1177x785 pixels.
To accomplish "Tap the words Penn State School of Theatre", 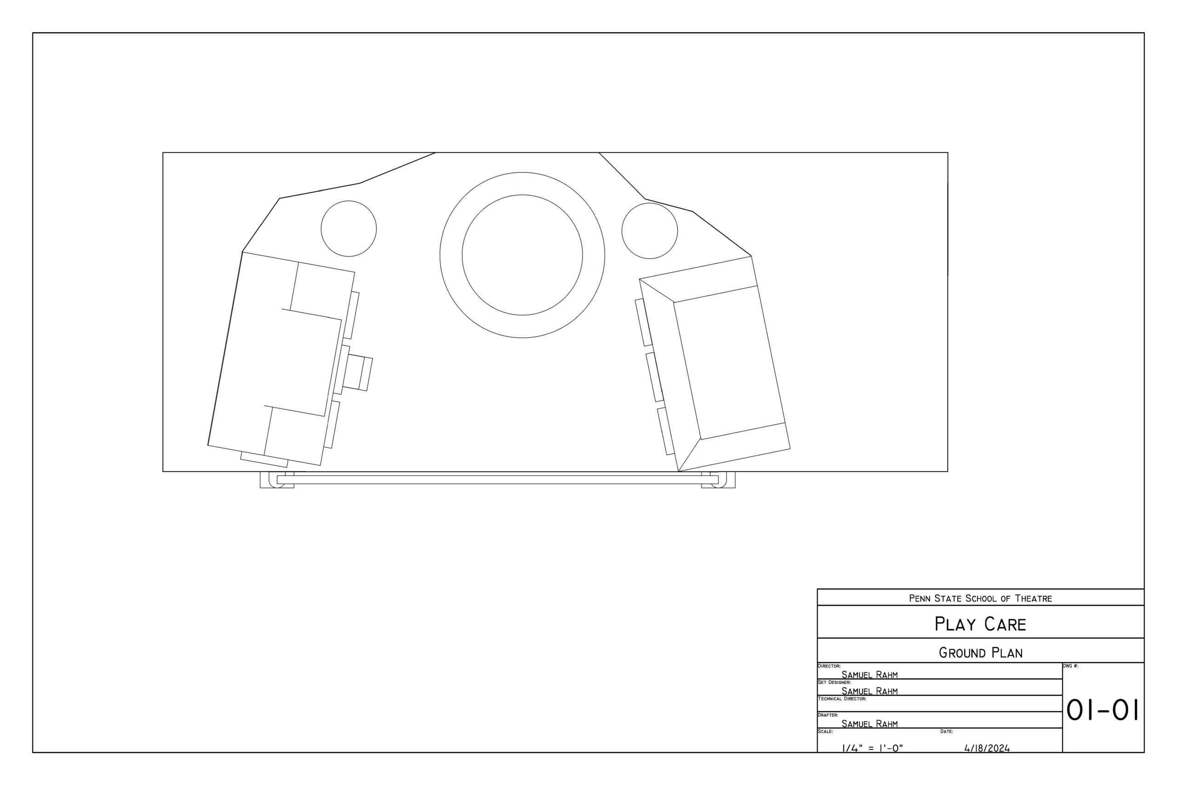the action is tap(980, 598).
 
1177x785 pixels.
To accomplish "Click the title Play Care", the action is tap(980, 625).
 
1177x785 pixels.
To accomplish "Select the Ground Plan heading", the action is tap(980, 653).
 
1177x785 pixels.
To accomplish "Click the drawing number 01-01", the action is tap(1103, 710).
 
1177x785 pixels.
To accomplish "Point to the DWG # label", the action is tap(1070, 666).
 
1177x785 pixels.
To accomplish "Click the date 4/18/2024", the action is tap(987, 749).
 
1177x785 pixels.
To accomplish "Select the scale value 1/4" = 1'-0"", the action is tap(872, 749).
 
